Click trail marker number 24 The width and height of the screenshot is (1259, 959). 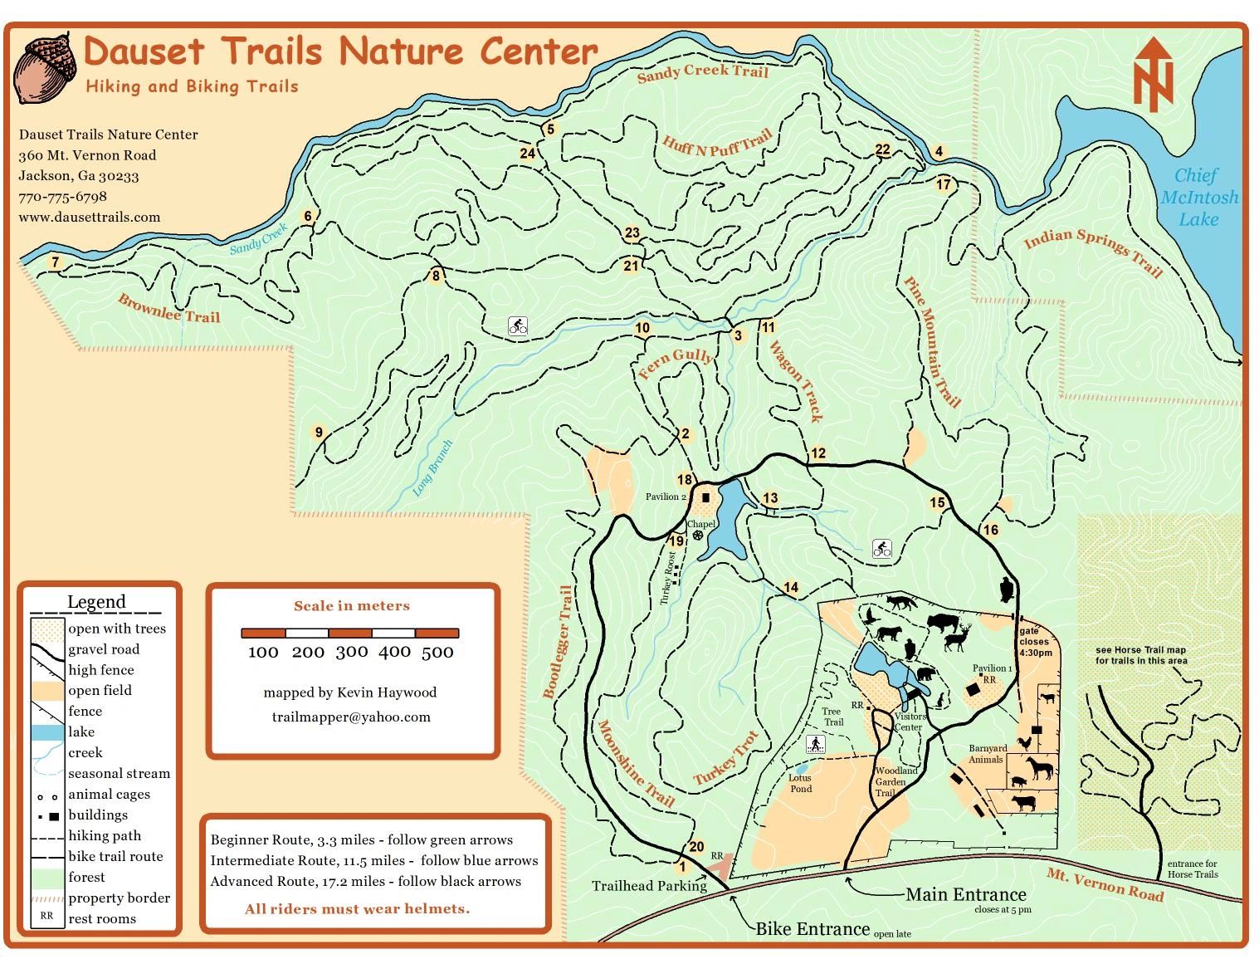pos(527,153)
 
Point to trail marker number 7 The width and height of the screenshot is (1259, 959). pos(55,262)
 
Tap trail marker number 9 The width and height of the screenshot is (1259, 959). pos(318,432)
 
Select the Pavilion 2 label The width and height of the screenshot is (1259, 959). pos(666,497)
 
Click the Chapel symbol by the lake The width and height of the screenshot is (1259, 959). pos(698,536)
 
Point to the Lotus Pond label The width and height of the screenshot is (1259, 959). pos(800,783)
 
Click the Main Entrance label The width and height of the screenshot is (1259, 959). pos(965,894)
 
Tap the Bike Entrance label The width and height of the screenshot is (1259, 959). pos(812,928)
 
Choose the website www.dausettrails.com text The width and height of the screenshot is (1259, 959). pos(90,218)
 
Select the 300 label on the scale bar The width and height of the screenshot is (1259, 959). pos(351,653)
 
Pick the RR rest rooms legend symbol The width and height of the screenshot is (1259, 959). pos(46,916)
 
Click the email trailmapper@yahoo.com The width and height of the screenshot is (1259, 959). pos(351,717)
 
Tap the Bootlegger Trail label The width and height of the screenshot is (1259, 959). pos(558,642)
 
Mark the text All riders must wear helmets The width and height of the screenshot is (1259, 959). pos(357,908)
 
